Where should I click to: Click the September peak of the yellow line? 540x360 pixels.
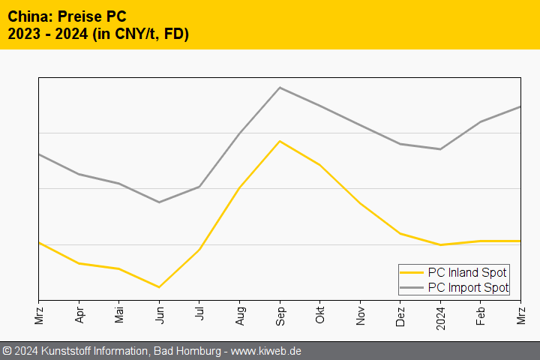click(x=280, y=141)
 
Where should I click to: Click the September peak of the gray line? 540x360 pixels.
click(x=280, y=88)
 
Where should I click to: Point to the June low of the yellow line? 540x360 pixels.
click(x=159, y=287)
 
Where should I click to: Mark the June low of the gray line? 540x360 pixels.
click(x=159, y=202)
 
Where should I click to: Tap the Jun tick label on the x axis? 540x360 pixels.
click(x=159, y=311)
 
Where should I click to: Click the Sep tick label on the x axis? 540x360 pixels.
click(x=280, y=313)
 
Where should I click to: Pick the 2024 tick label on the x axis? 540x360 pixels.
click(x=441, y=315)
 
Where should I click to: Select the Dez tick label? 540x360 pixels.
click(x=400, y=313)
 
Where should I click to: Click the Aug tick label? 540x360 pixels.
click(x=239, y=313)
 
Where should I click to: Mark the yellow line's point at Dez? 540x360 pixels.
click(x=400, y=233)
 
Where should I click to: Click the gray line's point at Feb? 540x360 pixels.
click(x=481, y=121)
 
